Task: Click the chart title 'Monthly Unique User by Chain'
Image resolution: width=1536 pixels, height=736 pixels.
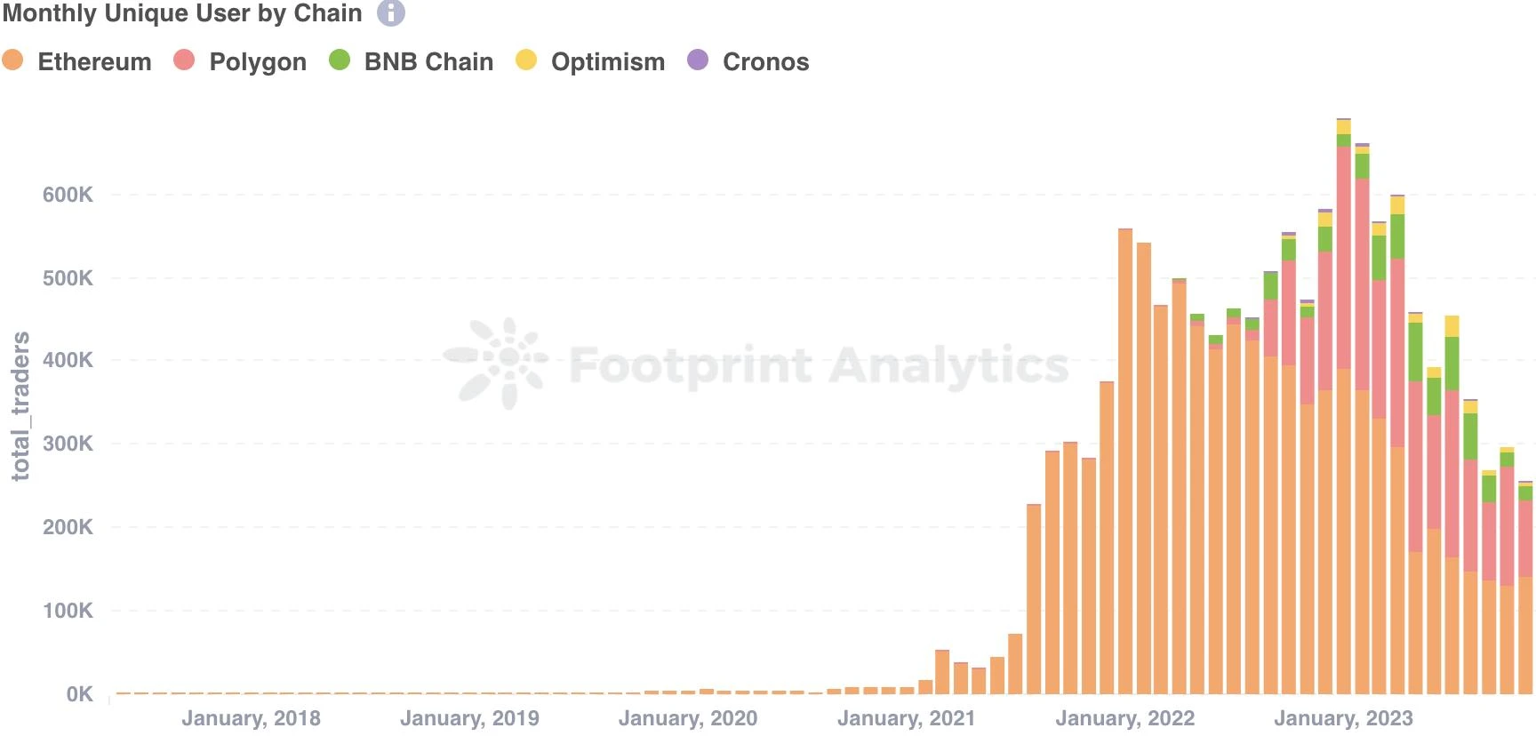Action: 182,13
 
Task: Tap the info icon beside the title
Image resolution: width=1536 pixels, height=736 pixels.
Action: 391,13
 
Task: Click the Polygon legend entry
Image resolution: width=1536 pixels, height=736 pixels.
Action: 241,61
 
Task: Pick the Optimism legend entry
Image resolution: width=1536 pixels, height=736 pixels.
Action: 591,61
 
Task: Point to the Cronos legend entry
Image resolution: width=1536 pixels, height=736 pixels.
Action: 749,61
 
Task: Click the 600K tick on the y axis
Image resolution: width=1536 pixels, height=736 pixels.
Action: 68,195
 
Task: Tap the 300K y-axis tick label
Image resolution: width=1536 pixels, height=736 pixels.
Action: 68,444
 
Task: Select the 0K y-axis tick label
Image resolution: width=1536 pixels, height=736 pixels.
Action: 79,694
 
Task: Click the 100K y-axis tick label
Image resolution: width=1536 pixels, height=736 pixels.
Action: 68,611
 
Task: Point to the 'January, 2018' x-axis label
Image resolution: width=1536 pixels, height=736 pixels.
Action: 251,718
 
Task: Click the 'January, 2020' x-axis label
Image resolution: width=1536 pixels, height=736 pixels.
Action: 688,718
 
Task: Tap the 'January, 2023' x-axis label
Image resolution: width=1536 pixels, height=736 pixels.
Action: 1343,718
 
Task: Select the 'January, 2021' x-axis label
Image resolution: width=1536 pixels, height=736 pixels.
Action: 907,718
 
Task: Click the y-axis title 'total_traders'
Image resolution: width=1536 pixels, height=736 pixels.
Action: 20,405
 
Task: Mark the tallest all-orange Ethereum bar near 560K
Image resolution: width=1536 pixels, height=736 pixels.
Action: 1125,462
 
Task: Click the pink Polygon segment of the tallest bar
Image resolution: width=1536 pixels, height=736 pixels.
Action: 1343,258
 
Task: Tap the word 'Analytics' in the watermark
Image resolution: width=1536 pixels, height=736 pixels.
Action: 948,365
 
